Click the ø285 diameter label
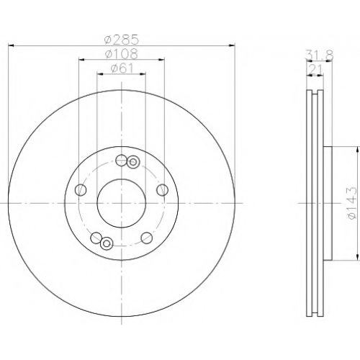point(122,40)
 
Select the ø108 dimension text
point(122,54)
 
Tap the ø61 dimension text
point(122,68)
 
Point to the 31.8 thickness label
point(320,55)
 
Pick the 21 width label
point(315,70)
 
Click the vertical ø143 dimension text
point(352,203)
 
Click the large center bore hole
point(122,203)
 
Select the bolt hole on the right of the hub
point(162,190)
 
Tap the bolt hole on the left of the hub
point(81,190)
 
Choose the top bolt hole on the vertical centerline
point(121,160)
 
